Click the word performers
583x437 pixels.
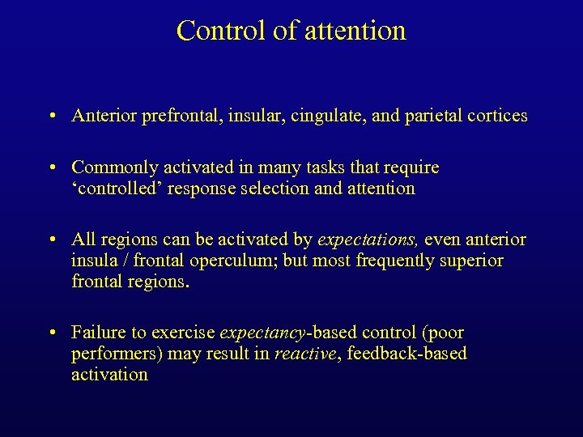110,354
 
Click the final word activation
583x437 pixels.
109,375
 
